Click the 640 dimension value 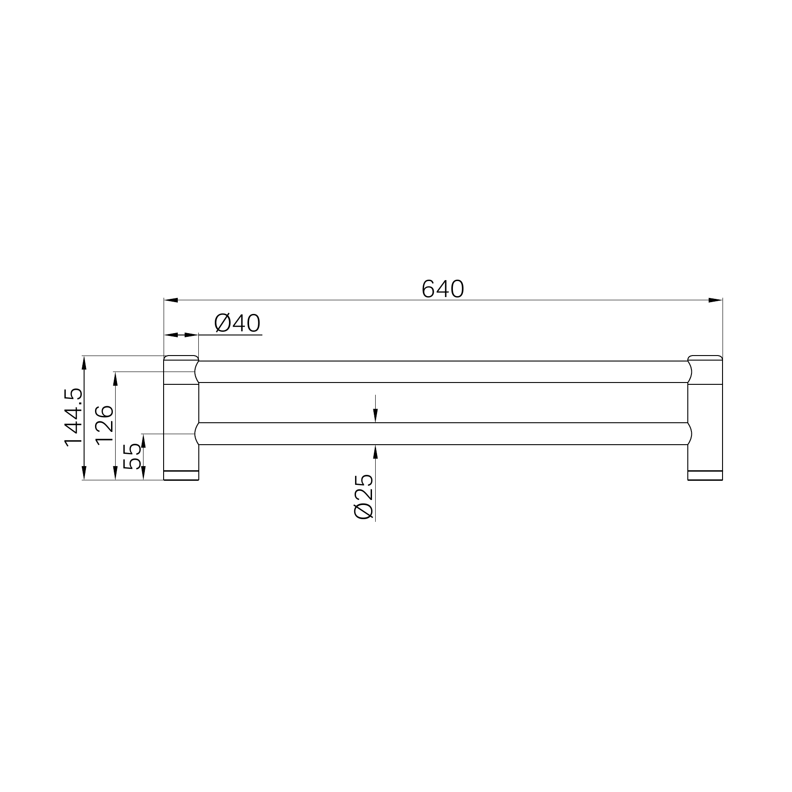click(x=442, y=289)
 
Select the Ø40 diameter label click(x=237, y=324)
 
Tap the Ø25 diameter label click(x=364, y=496)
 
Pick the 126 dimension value click(x=105, y=424)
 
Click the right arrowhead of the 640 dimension click(x=716, y=300)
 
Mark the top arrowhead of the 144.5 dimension click(x=84, y=363)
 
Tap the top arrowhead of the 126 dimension click(x=116, y=379)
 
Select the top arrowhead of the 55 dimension click(x=144, y=441)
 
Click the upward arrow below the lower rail click(x=375, y=452)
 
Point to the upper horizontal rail click(x=442, y=372)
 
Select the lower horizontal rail click(x=442, y=434)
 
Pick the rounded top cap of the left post click(x=181, y=358)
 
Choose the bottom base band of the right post click(x=705, y=475)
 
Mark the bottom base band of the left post click(x=181, y=475)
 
